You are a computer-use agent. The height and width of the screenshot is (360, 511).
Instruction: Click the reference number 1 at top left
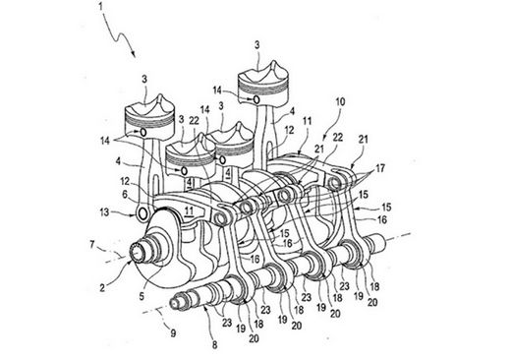pos(101,6)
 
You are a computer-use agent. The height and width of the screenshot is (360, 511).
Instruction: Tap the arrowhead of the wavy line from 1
pos(134,53)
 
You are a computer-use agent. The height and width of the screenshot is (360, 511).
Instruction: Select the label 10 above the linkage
pos(339,101)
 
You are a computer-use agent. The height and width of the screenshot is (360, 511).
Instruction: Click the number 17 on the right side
pos(380,168)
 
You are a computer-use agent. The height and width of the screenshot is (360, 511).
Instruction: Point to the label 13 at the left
pos(104,212)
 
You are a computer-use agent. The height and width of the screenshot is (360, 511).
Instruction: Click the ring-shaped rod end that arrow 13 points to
pos(143,213)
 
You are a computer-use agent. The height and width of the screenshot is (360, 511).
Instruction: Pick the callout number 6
pos(125,195)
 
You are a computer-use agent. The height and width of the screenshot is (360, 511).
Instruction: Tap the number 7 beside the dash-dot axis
pos(92,244)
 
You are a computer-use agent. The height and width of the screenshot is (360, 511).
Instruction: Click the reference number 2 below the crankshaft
pos(102,288)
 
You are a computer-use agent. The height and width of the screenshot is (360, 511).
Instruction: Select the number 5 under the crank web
pos(142,296)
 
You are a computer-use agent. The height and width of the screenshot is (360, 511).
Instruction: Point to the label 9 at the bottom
pos(173,333)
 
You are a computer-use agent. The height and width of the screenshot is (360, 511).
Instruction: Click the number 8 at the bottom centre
pos(214,344)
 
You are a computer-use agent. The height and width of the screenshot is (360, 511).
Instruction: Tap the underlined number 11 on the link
pos(189,211)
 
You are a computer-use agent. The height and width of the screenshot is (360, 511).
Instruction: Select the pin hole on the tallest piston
pos(256,98)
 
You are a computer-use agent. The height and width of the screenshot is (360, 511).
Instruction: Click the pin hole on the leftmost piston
pos(143,132)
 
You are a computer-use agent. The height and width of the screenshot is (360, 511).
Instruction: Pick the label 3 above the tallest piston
pos(257,45)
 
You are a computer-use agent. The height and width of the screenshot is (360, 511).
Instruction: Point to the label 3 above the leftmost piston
pos(144,79)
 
